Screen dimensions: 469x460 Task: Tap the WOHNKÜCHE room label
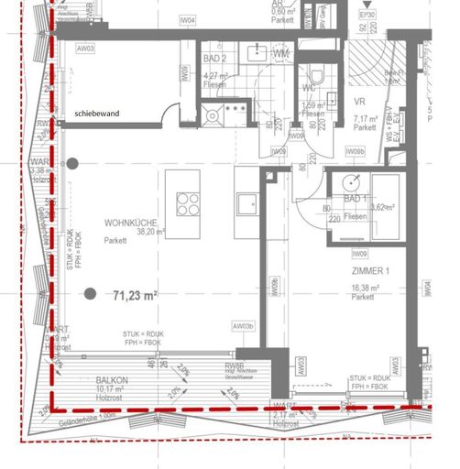coord(134,223)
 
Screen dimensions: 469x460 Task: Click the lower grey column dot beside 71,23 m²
coord(90,294)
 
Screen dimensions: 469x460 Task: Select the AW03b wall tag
coord(243,325)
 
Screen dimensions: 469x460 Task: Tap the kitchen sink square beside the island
coord(245,201)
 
